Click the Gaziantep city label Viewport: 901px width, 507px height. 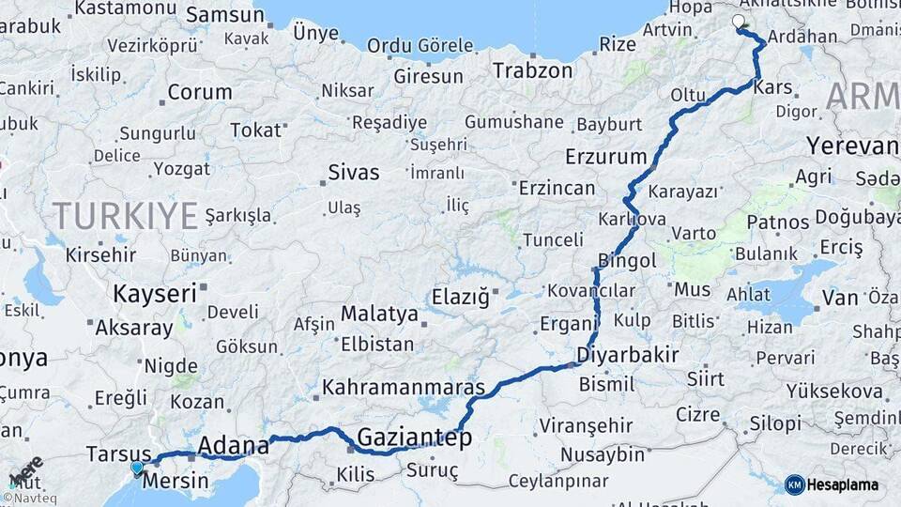coord(414,438)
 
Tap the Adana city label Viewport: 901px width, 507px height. coord(233,444)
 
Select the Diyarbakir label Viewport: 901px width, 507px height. coord(628,355)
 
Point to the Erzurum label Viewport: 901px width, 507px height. coord(606,156)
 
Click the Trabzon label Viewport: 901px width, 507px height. coord(532,70)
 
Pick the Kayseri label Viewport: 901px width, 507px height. coord(155,293)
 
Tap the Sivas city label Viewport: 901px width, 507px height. coord(354,172)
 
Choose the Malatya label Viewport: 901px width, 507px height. coord(378,313)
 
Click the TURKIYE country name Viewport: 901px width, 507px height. coord(125,216)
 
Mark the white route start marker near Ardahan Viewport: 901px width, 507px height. coord(738,21)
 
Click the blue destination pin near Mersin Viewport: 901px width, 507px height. coord(138,468)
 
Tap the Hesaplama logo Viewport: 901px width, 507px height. coord(832,484)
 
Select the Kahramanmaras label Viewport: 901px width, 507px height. coord(404,387)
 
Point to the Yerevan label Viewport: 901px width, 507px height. coord(852,146)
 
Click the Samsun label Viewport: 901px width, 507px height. coord(225,14)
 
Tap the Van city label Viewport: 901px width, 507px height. coord(839,298)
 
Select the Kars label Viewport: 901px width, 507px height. coord(773,88)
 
